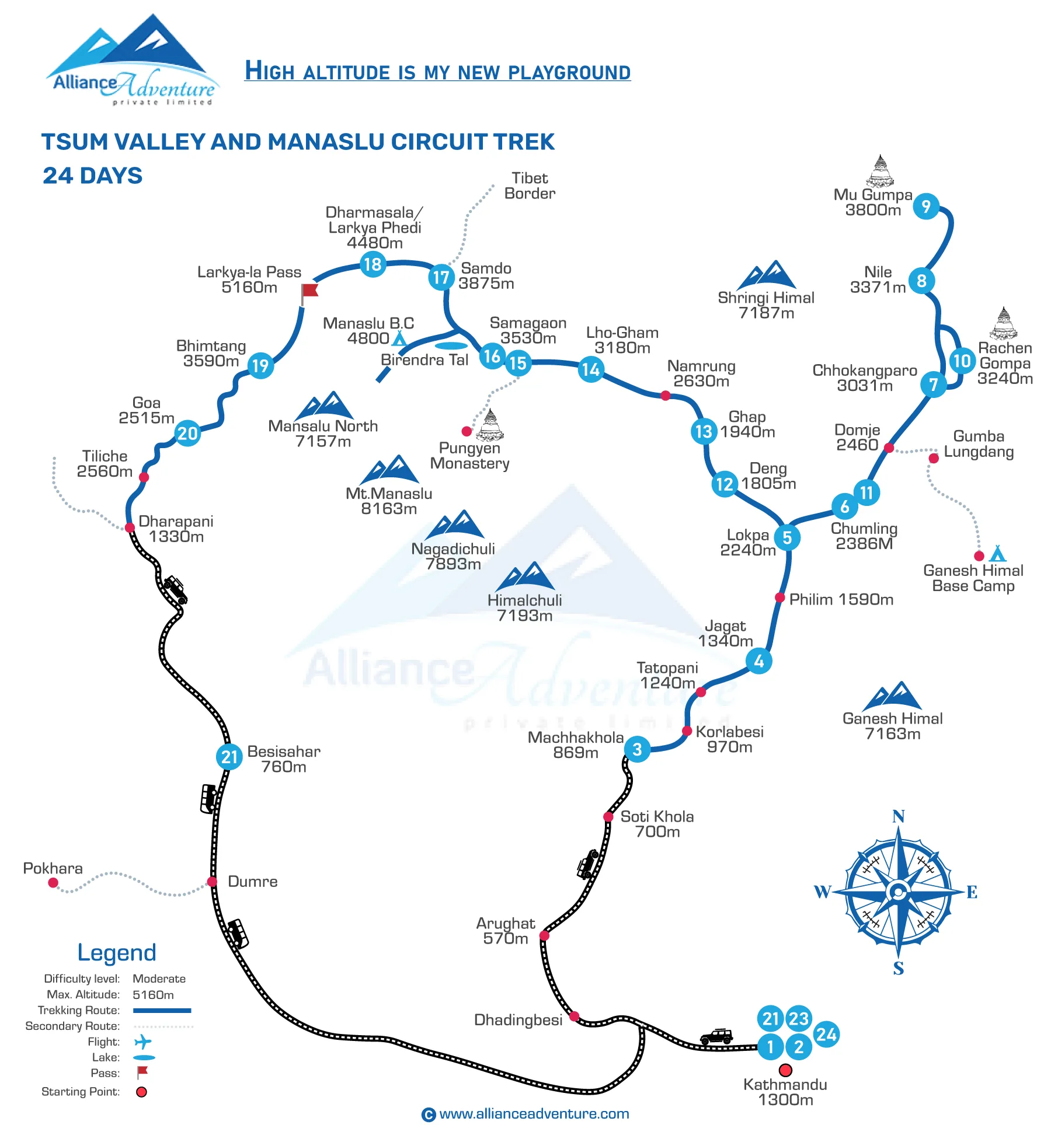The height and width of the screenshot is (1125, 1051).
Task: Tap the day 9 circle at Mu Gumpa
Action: coord(925,206)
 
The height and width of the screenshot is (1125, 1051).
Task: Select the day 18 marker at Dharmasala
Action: coord(373,264)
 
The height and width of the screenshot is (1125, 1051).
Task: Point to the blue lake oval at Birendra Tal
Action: coord(451,345)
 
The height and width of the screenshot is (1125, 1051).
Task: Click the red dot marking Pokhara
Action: coord(53,882)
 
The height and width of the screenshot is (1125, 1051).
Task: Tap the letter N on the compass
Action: coord(898,816)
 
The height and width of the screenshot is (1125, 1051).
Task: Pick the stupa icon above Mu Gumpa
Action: coord(880,170)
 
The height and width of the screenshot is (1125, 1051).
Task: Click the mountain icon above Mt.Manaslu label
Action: coord(389,470)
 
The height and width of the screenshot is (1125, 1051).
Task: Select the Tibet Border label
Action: coord(530,186)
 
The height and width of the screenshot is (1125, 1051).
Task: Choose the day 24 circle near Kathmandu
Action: coord(826,1035)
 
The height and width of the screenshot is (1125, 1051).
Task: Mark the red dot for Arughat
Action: coord(544,935)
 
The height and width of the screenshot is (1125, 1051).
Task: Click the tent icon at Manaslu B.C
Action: coord(399,338)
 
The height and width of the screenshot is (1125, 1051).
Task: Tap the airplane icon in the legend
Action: coord(142,1042)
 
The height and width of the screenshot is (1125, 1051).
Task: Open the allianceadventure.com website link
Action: coord(534,1113)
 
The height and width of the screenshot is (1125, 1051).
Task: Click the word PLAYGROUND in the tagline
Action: coord(569,72)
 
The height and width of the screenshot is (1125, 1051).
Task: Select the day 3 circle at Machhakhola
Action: coord(637,749)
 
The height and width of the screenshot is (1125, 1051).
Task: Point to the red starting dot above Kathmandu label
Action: coord(785,1070)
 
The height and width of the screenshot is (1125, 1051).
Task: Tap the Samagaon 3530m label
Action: coord(528,330)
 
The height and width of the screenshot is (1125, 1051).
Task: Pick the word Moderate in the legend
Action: coord(159,979)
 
